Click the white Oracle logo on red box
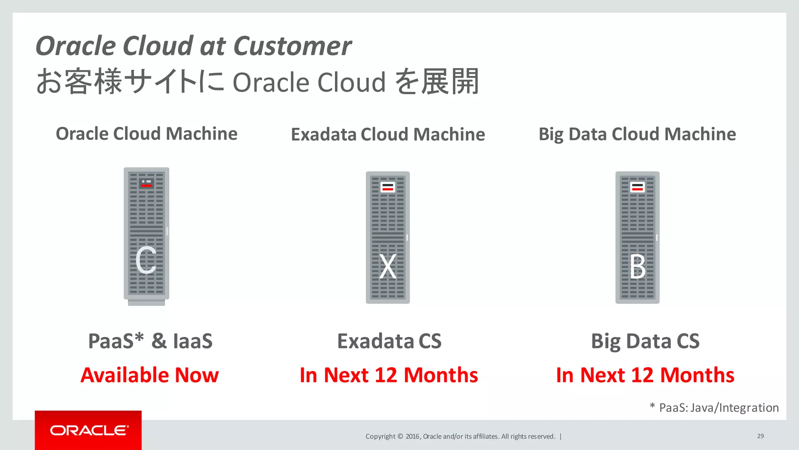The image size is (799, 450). pyautogui.click(x=89, y=430)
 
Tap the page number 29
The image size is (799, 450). pyautogui.click(x=760, y=436)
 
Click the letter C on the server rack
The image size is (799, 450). pyautogui.click(x=146, y=260)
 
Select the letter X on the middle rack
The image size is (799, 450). pyautogui.click(x=388, y=267)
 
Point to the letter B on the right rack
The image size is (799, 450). pyautogui.click(x=637, y=267)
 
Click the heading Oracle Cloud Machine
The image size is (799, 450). pyautogui.click(x=147, y=134)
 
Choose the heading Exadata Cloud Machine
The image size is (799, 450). pyautogui.click(x=388, y=134)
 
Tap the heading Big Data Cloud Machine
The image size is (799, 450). pyautogui.click(x=637, y=134)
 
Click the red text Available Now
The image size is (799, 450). pyautogui.click(x=149, y=375)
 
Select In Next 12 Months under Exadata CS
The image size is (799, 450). pyautogui.click(x=389, y=375)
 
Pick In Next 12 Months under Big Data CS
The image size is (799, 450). pyautogui.click(x=645, y=375)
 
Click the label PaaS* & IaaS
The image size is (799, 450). pyautogui.click(x=150, y=341)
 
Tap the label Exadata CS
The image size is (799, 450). pyautogui.click(x=389, y=341)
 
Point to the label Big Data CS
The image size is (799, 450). pyautogui.click(x=645, y=341)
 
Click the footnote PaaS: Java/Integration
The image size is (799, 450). pyautogui.click(x=718, y=408)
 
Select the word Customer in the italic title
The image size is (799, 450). pyautogui.click(x=293, y=46)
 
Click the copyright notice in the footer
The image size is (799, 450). pyautogui.click(x=460, y=436)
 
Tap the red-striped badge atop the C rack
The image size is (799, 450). pyautogui.click(x=147, y=183)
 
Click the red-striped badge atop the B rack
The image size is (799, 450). pyautogui.click(x=637, y=187)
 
